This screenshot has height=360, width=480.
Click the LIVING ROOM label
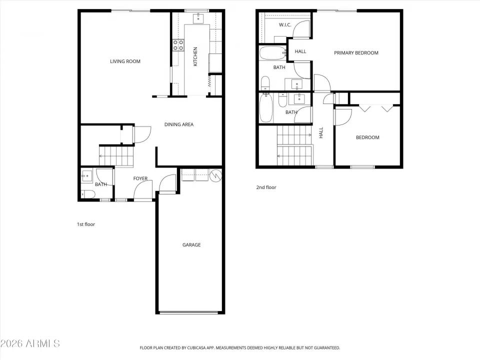coord(125,61)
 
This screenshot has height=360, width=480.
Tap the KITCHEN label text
coord(195,56)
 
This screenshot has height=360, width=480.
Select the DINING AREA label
coord(179,124)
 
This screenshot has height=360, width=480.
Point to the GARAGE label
coord(191,245)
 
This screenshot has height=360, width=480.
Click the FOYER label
coord(140,178)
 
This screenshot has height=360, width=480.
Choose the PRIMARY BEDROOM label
coord(356,53)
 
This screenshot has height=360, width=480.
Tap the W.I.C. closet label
coord(285,25)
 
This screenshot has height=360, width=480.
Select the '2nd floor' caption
coord(265,187)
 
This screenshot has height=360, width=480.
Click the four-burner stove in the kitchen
coord(178,45)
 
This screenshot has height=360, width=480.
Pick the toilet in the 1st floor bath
coord(86,194)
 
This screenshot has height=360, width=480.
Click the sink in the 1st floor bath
coord(86,175)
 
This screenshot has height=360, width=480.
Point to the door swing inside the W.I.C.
coord(301,30)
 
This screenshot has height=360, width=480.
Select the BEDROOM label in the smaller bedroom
coord(367,137)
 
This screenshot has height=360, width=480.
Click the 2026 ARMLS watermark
coord(30,343)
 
